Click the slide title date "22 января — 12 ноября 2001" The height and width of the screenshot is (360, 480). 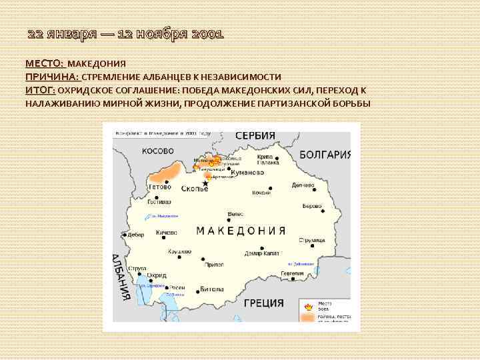(x=125, y=34)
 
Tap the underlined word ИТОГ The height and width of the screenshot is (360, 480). (x=40, y=90)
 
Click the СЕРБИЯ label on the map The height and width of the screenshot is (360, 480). (x=254, y=135)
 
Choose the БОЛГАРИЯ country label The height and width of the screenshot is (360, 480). (x=325, y=155)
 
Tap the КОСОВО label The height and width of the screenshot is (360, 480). (x=158, y=151)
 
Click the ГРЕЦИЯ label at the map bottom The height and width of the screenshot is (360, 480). (x=264, y=303)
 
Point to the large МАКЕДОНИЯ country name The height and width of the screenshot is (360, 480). (x=241, y=231)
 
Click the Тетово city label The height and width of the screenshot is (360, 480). (x=160, y=187)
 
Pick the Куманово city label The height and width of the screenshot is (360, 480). (x=246, y=172)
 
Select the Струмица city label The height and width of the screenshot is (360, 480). (x=311, y=239)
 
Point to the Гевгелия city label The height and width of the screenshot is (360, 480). (x=291, y=273)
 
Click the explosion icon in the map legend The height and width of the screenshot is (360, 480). (x=308, y=307)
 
